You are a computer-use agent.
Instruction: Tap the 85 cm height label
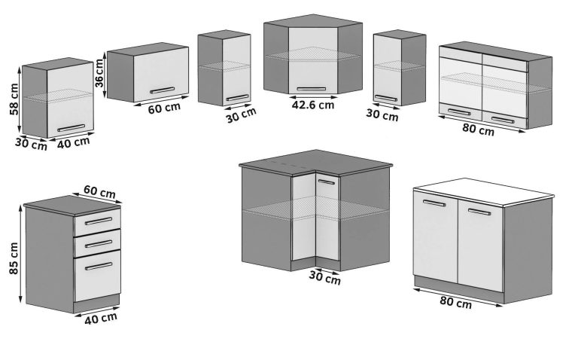(x=14, y=258)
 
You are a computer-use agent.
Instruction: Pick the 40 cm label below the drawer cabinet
(x=101, y=317)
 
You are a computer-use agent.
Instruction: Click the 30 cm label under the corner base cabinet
(x=324, y=277)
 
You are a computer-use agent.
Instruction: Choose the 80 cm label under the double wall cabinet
(x=478, y=130)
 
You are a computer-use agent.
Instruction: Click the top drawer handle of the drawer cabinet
(x=98, y=221)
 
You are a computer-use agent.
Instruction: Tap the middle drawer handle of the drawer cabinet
(x=98, y=243)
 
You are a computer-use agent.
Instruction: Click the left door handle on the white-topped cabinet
(x=434, y=203)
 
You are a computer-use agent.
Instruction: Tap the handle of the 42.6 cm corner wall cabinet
(x=312, y=89)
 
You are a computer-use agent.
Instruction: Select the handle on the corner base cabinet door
(x=327, y=182)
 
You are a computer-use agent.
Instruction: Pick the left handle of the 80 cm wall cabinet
(x=459, y=112)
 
